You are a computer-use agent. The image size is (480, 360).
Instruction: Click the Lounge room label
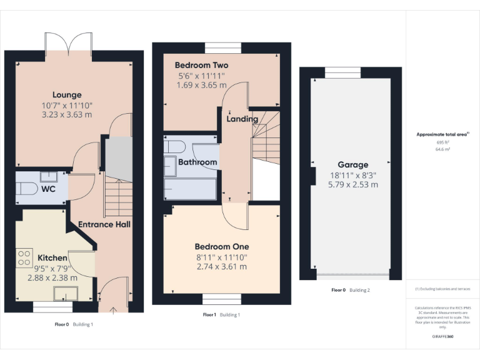tap(66, 95)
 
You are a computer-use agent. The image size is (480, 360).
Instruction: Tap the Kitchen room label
tap(52, 257)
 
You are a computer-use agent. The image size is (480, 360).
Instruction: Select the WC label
tap(49, 188)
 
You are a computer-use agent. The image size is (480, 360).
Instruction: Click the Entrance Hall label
tap(104, 224)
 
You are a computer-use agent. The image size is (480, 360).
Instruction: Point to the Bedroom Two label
tap(201, 65)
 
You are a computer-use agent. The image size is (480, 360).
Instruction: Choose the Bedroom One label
tap(221, 246)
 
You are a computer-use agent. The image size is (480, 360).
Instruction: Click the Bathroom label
tap(197, 162)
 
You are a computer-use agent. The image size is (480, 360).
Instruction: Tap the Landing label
tap(242, 119)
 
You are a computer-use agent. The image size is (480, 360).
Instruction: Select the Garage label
tap(353, 165)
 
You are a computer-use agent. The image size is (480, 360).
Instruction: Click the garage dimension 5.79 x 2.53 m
tap(353, 185)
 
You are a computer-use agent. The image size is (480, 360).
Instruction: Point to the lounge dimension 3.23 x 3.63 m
tap(66, 115)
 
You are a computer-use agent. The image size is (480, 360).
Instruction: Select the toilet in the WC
tap(26, 189)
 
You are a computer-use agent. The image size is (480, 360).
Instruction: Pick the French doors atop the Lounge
tap(69, 42)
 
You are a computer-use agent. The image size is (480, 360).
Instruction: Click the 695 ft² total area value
tap(442, 142)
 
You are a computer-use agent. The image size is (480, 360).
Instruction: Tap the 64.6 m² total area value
tap(442, 150)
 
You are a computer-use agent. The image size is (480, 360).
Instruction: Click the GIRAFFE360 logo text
tap(442, 336)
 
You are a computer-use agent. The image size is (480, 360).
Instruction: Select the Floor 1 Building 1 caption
tap(221, 314)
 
